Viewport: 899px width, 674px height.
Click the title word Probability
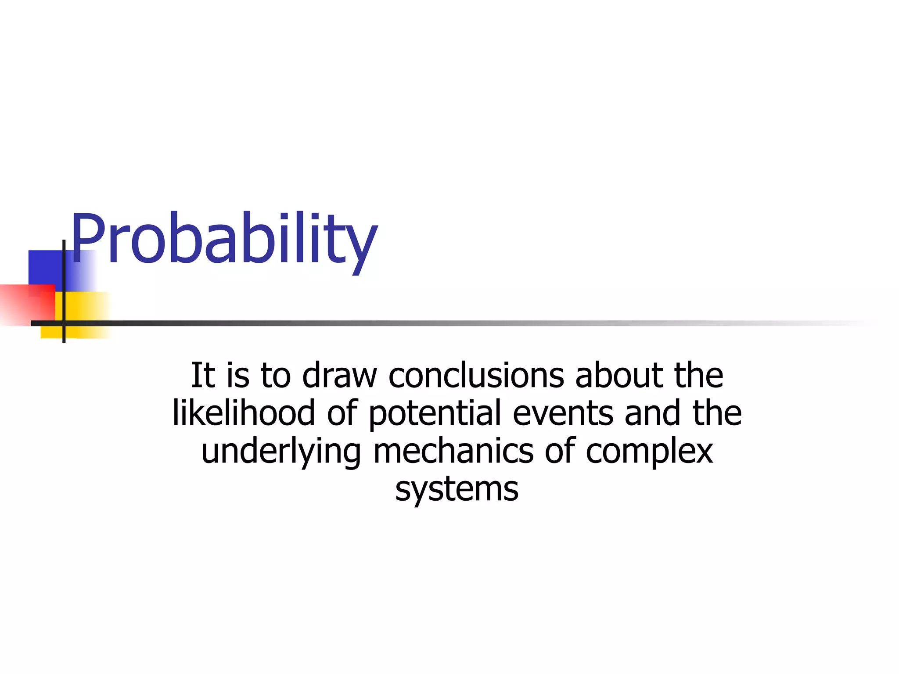pos(224,239)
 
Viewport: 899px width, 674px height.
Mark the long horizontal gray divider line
pos(439,323)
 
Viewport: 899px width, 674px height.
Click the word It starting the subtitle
pos(203,376)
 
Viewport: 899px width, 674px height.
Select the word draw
pos(339,376)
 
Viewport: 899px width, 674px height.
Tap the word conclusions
pos(476,376)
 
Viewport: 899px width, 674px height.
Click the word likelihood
pos(244,413)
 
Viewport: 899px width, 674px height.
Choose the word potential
pos(435,413)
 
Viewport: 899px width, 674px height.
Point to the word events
pos(563,413)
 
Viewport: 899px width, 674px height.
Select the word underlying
pos(281,452)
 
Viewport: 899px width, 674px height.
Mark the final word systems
pos(457,489)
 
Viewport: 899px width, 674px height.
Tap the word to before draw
pos(276,376)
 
